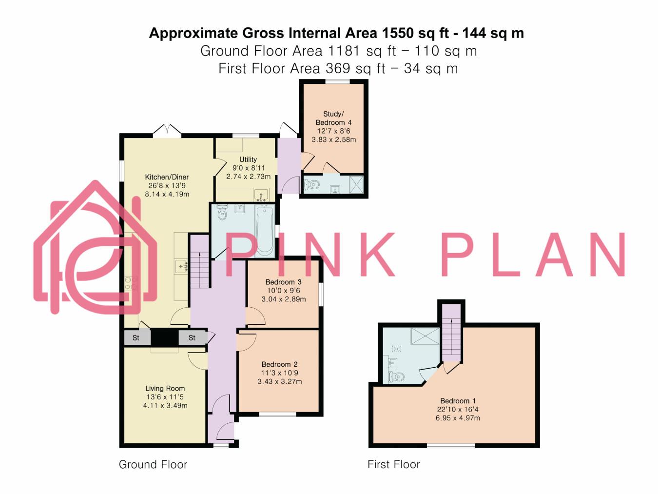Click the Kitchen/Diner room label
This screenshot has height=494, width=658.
(167, 177)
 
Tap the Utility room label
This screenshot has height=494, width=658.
(248, 159)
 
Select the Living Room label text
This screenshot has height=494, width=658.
(165, 388)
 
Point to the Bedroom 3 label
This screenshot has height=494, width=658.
(284, 282)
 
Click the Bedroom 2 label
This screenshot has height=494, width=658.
(280, 364)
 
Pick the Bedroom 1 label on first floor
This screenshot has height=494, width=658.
(458, 401)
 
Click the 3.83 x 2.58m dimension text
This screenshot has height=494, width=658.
(334, 139)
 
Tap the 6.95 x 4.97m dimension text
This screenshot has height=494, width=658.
(458, 418)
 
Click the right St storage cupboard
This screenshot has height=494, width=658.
(193, 337)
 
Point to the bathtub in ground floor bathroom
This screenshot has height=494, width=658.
(264, 230)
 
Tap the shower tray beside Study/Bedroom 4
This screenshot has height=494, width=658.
(356, 185)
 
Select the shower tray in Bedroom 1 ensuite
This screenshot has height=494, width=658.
(425, 336)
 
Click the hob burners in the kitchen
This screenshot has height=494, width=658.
(131, 283)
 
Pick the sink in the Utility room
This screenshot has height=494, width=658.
(261, 195)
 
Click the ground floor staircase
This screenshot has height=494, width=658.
(200, 261)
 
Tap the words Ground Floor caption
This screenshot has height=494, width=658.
(153, 465)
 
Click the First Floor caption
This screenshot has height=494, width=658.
(394, 465)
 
